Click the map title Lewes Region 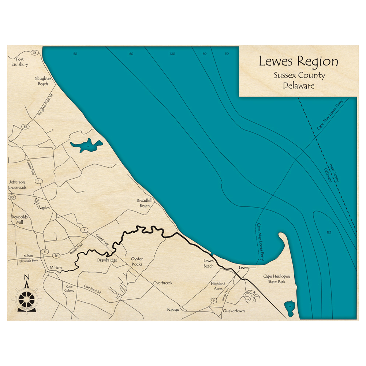(298, 61)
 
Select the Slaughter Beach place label (43, 81)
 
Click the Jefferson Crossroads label (17, 185)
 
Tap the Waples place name (43, 208)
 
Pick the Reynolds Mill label (19, 220)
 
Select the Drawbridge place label (107, 260)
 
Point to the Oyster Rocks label (137, 261)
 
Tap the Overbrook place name (163, 283)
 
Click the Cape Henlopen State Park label (274, 279)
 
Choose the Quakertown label (234, 311)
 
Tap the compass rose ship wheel (26, 299)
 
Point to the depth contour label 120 (172, 54)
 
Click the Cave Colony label (69, 288)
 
